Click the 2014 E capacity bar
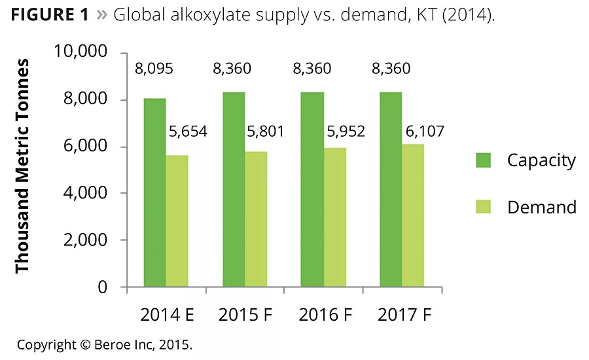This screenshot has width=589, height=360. coord(155,192)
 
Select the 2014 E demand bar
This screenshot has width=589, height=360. coord(177,221)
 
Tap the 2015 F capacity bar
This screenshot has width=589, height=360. coord(234,189)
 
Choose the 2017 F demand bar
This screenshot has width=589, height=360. coord(413,215)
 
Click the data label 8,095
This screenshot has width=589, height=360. coord(154,69)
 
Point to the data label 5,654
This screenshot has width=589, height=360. coord(188,132)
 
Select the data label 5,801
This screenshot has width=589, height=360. coord(265,132)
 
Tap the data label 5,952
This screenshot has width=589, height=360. coord(346,132)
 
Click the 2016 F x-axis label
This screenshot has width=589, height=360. coord(326,315)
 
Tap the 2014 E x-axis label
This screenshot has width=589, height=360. coord(167,315)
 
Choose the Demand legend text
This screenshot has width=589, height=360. coord(542,207)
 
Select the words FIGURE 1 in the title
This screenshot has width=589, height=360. coord(50,15)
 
